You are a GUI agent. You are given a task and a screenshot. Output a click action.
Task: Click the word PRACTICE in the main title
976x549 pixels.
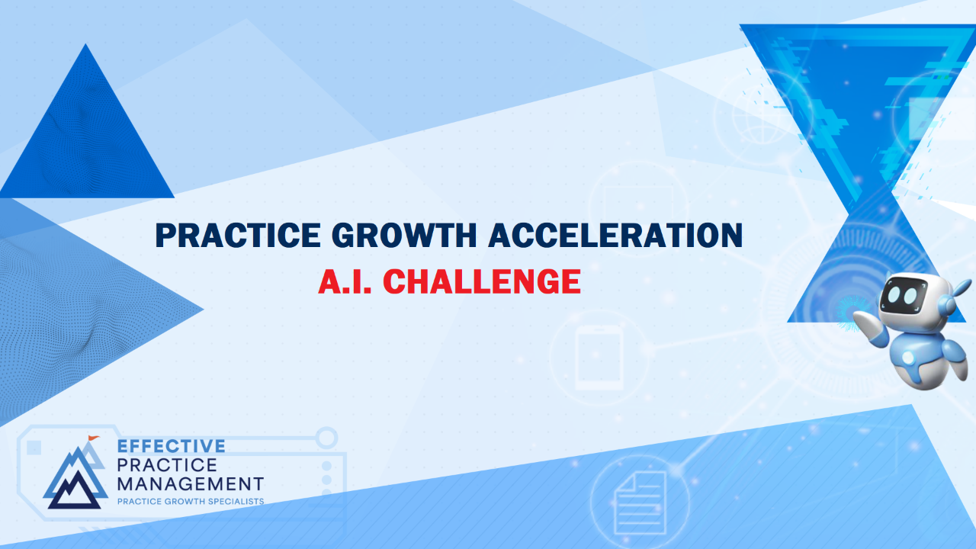[x=238, y=236]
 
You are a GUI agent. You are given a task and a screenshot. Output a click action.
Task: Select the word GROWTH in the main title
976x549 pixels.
[x=404, y=236]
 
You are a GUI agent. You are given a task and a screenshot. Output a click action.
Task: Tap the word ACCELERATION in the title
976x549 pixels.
[x=615, y=236]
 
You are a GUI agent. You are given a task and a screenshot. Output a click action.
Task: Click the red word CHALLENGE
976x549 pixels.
[x=482, y=281]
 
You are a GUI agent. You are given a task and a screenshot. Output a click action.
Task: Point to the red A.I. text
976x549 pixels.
[x=345, y=281]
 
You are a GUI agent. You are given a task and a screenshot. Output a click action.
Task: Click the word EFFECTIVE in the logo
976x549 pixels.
[x=172, y=446]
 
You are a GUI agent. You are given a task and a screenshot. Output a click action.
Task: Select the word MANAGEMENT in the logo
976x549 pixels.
[x=191, y=484]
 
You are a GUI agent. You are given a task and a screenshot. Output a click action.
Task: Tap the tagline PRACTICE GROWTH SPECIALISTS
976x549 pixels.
[x=191, y=502]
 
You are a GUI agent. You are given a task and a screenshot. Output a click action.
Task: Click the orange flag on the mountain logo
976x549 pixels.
[x=93, y=438]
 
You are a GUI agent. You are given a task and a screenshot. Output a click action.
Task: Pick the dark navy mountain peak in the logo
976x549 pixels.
[x=75, y=493]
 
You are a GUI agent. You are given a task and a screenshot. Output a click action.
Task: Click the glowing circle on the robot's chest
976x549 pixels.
[x=908, y=358]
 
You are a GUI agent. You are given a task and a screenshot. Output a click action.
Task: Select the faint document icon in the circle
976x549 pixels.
[x=640, y=503]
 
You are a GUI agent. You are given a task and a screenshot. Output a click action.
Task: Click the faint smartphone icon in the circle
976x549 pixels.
[x=599, y=358]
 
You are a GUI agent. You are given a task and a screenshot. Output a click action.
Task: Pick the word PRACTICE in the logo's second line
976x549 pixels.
[x=167, y=465]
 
